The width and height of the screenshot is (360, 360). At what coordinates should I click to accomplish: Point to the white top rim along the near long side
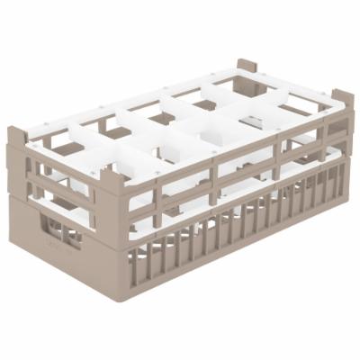click(x=225, y=144)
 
